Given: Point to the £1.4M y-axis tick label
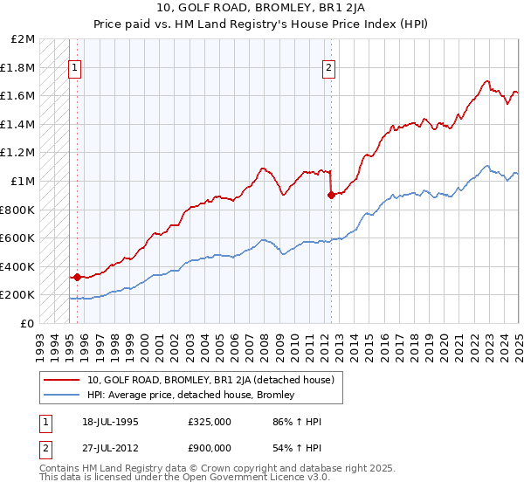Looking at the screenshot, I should [x=18, y=125].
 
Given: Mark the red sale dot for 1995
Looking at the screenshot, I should [x=77, y=278].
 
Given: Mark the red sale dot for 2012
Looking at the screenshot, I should [x=331, y=196].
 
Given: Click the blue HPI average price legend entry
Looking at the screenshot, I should [x=190, y=396].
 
